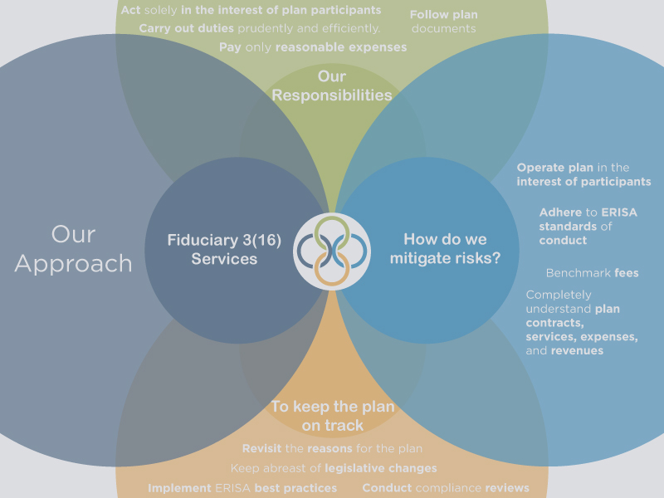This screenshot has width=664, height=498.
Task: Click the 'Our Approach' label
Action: click(x=73, y=248)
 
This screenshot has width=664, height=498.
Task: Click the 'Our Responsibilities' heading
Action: click(x=332, y=86)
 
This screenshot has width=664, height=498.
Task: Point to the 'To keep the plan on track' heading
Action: click(x=332, y=416)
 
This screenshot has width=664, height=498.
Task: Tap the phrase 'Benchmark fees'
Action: click(x=592, y=273)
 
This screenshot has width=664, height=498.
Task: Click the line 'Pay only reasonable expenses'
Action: click(x=313, y=47)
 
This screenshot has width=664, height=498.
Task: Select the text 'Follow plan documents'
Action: click(x=444, y=22)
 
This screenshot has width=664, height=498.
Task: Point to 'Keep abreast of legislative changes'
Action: click(x=334, y=468)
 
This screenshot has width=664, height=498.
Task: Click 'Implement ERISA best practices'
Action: click(x=242, y=488)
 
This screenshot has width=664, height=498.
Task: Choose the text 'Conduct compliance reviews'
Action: click(x=446, y=488)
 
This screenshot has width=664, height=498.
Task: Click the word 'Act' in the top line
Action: click(x=130, y=11)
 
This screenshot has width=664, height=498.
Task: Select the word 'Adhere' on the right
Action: click(x=560, y=212)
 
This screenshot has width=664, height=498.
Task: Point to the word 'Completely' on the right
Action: click(x=559, y=295)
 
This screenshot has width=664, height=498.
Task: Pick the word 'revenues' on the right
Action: click(x=578, y=351)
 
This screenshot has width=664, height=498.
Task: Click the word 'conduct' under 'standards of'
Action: click(x=563, y=241)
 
